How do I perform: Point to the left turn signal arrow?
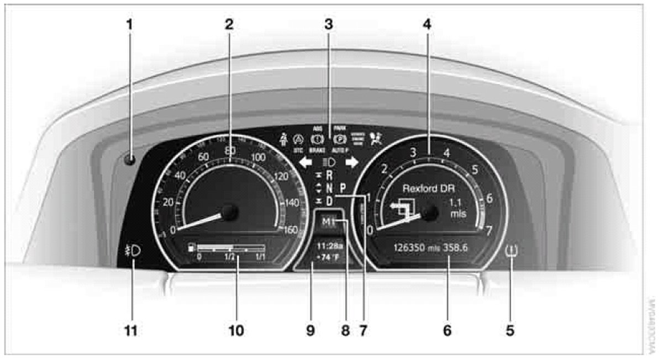(x=305, y=162)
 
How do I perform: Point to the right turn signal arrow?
(x=352, y=162)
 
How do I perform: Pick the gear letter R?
(x=330, y=175)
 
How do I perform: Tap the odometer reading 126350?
(x=408, y=247)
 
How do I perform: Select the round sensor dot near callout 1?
(x=130, y=160)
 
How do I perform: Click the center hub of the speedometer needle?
(x=229, y=212)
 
